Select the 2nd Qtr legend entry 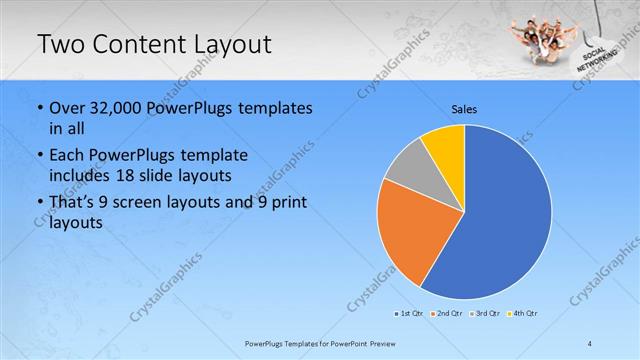446,314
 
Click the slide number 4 591,342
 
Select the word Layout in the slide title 223,44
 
